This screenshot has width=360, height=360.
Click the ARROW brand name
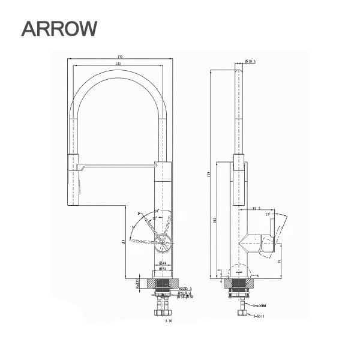(x=59, y=28)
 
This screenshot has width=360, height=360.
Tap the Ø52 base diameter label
(x=163, y=269)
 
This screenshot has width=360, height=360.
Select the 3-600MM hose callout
(x=260, y=305)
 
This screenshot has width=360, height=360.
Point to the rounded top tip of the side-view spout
(x=238, y=70)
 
